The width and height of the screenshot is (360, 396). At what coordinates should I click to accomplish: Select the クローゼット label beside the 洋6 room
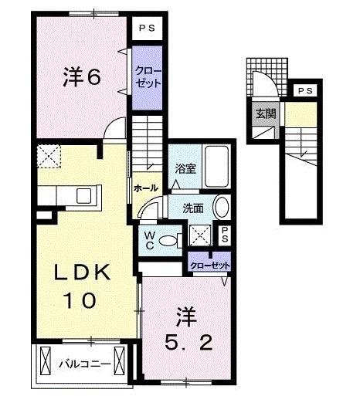[x=145, y=76]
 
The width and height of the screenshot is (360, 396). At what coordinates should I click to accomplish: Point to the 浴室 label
[x=184, y=167]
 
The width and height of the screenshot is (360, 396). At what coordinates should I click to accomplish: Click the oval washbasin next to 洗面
[x=222, y=208]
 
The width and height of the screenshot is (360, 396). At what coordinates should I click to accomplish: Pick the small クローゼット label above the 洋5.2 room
[x=211, y=266]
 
